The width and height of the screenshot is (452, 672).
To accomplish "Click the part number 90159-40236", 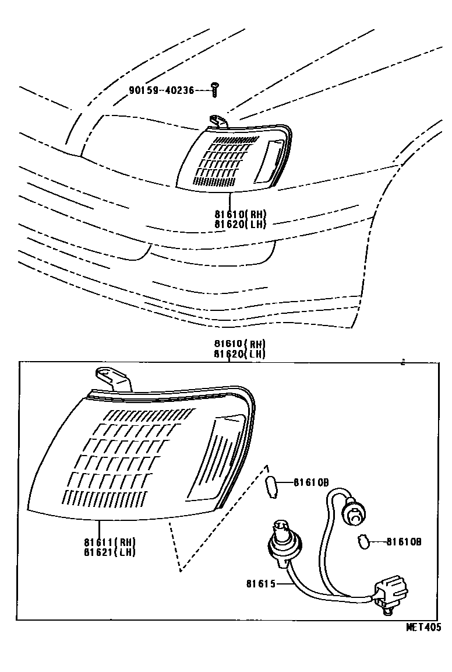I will pyautogui.click(x=161, y=90).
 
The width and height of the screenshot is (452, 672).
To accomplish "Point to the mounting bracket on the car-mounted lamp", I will pyautogui.click(x=218, y=121).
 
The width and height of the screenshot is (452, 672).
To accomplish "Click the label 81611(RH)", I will pyautogui.click(x=109, y=542).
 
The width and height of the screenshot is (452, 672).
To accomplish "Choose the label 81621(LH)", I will pyautogui.click(x=109, y=551).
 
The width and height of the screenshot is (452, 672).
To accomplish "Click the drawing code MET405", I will pyautogui.click(x=424, y=627).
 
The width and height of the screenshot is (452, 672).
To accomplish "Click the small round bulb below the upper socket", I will pyautogui.click(x=362, y=542).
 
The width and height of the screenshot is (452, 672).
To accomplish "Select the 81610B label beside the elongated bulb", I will pyautogui.click(x=311, y=482).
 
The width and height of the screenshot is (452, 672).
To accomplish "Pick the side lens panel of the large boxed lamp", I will pyautogui.click(x=217, y=454).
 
